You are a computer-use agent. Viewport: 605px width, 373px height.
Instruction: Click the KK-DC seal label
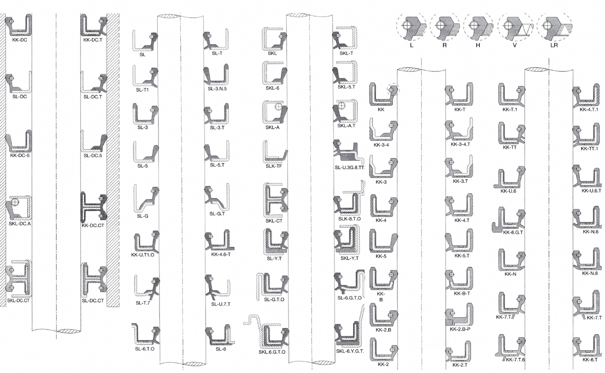tap(19, 40)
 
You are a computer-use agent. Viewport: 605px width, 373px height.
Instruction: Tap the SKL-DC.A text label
tap(19, 223)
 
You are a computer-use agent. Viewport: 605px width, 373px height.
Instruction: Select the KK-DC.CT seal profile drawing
tap(94, 207)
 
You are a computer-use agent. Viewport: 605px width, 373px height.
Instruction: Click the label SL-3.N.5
tap(217, 88)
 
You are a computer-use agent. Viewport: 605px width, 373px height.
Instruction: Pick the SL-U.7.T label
tap(221, 304)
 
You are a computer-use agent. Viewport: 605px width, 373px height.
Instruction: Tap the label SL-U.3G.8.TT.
tap(350, 168)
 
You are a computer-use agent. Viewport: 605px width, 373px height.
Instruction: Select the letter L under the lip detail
tap(411, 45)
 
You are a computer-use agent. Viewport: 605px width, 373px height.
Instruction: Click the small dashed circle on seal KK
tap(393, 89)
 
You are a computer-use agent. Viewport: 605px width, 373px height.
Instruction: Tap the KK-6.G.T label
tap(513, 232)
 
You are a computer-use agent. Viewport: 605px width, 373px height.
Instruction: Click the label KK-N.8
tap(590, 273)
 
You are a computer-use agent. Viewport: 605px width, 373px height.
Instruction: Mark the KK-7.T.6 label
tap(515, 359)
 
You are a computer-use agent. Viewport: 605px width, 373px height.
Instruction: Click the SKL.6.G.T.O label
tap(272, 352)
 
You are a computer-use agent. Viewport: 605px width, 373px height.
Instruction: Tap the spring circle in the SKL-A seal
tap(278, 106)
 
